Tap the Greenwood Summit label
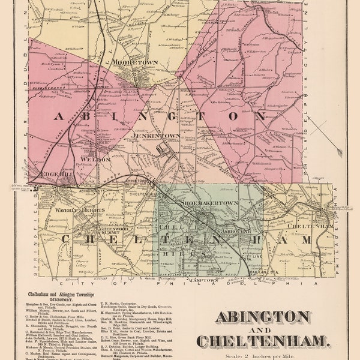[116, 229]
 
